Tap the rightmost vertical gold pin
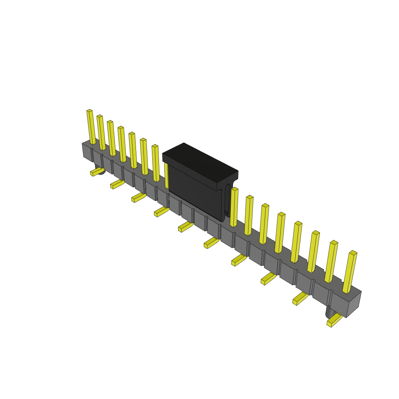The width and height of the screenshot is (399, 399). point(350,272)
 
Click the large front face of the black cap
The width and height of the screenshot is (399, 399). point(195,191)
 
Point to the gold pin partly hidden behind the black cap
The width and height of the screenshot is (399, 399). point(166,175)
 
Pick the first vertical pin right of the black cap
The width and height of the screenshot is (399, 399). point(234,207)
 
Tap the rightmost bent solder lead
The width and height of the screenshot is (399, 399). point(334,320)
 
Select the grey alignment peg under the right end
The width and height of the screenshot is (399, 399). point(330,312)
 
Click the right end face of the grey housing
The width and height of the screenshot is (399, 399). point(353,304)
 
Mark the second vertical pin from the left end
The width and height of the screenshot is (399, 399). point(101,133)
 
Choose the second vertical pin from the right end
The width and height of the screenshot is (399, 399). point(331,261)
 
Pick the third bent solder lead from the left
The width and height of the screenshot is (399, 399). point(139,198)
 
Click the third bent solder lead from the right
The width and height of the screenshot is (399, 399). point(268,278)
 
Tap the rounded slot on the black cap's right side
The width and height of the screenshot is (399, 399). point(227,199)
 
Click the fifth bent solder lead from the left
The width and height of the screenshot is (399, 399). point(185,226)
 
